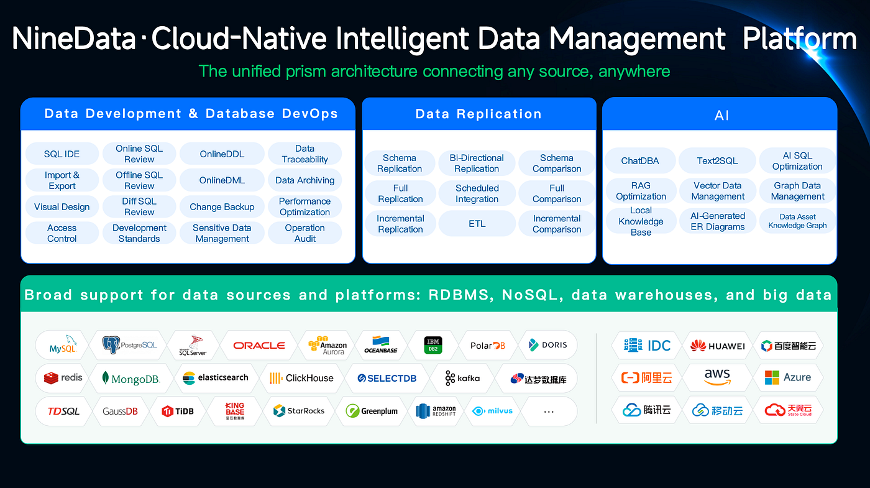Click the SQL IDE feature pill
62,154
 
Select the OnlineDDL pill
222,154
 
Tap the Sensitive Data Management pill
222,233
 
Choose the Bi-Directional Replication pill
477,163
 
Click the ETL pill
477,223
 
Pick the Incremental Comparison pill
557,224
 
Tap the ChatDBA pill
640,160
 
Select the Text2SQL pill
717,160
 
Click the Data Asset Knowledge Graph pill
797,221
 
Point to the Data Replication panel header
479,114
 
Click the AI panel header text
721,116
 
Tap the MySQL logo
62,344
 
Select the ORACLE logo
259,345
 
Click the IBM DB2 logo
433,345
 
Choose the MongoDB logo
130,378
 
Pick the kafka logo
462,378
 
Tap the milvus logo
492,411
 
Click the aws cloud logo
717,377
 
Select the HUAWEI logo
717,346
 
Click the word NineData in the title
74,39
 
